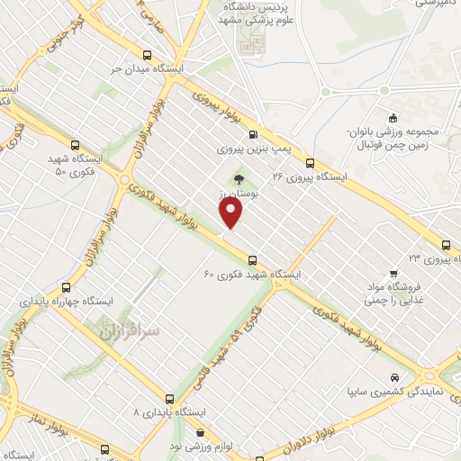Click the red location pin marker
(x=231, y=212)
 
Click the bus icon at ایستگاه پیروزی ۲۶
(x=310, y=164)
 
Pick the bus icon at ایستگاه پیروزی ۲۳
(x=446, y=244)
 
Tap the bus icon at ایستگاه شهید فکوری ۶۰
(x=253, y=259)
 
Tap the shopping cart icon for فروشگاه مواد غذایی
(x=393, y=274)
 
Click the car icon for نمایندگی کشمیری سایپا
(x=394, y=378)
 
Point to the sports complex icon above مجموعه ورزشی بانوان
(x=393, y=117)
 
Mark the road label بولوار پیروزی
(x=217, y=101)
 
